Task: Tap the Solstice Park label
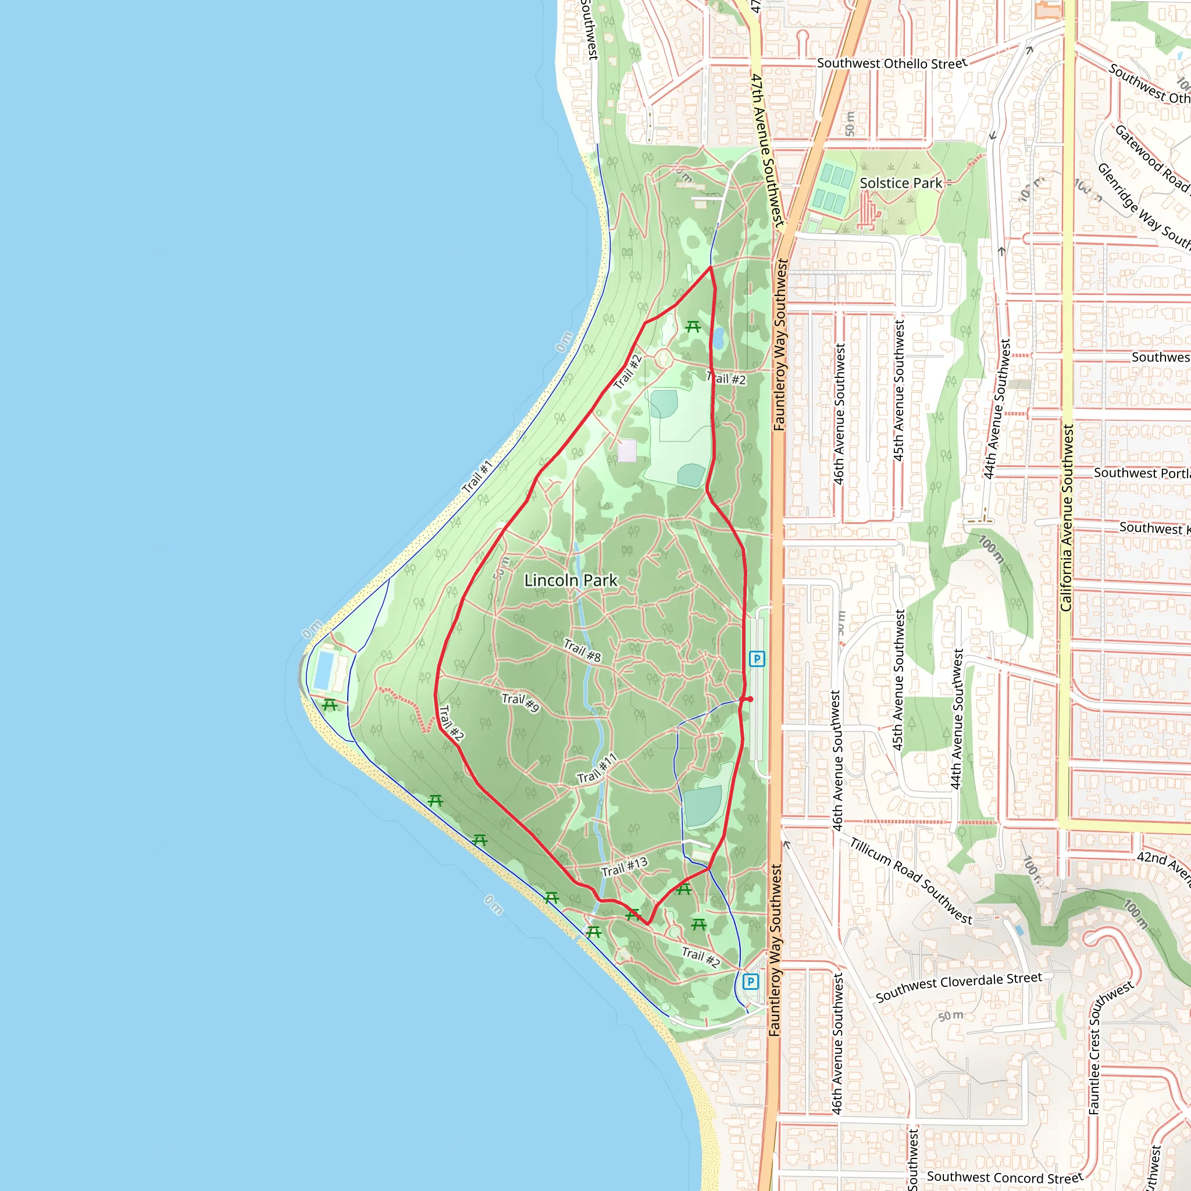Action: (x=901, y=183)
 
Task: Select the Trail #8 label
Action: (x=582, y=650)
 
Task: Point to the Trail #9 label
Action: (x=520, y=702)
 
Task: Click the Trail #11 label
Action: (x=597, y=769)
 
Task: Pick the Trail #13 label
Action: (x=624, y=866)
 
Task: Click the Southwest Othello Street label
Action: (x=892, y=63)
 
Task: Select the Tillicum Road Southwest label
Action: (x=911, y=881)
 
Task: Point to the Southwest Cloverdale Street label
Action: (x=958, y=986)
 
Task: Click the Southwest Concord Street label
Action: (x=1005, y=1177)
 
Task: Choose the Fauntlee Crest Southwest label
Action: (x=1110, y=1048)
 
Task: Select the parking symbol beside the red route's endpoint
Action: (x=757, y=659)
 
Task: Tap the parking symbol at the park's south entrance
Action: (x=750, y=982)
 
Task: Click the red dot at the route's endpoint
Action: (x=750, y=699)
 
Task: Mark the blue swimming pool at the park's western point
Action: (x=324, y=671)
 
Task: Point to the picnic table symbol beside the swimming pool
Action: (x=330, y=705)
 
